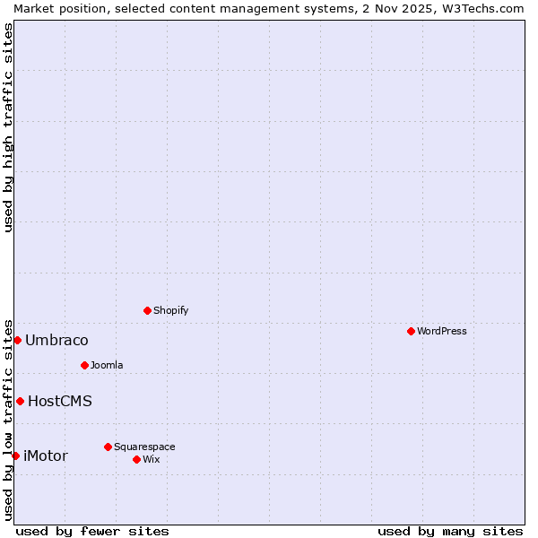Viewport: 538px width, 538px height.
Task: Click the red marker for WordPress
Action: coord(411,331)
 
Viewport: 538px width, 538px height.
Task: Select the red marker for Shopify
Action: coord(147,310)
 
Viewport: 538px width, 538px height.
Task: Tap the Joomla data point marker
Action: coord(84,365)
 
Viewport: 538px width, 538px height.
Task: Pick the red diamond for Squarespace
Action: coord(108,447)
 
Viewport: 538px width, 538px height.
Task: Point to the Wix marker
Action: coord(136,459)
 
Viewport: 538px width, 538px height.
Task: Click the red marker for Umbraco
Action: coord(17,340)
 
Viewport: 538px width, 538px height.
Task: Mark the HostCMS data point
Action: coord(20,401)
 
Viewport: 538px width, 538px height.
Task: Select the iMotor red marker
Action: coord(15,456)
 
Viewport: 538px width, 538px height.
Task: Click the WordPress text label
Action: coord(442,331)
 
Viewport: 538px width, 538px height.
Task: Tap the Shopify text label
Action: coord(171,310)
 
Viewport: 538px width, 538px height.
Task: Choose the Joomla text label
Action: coord(107,365)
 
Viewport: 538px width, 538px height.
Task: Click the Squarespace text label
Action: coord(144,447)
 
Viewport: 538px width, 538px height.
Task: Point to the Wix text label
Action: coord(152,459)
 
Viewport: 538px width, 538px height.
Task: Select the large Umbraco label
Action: coord(56,340)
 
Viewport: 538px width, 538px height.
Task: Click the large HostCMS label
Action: coord(60,401)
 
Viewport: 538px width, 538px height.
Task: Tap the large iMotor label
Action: coord(46,456)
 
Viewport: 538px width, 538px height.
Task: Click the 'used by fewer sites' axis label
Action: coord(92,531)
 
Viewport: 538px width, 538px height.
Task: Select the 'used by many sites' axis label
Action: coord(450,531)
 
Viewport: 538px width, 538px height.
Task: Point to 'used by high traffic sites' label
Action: coord(8,127)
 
